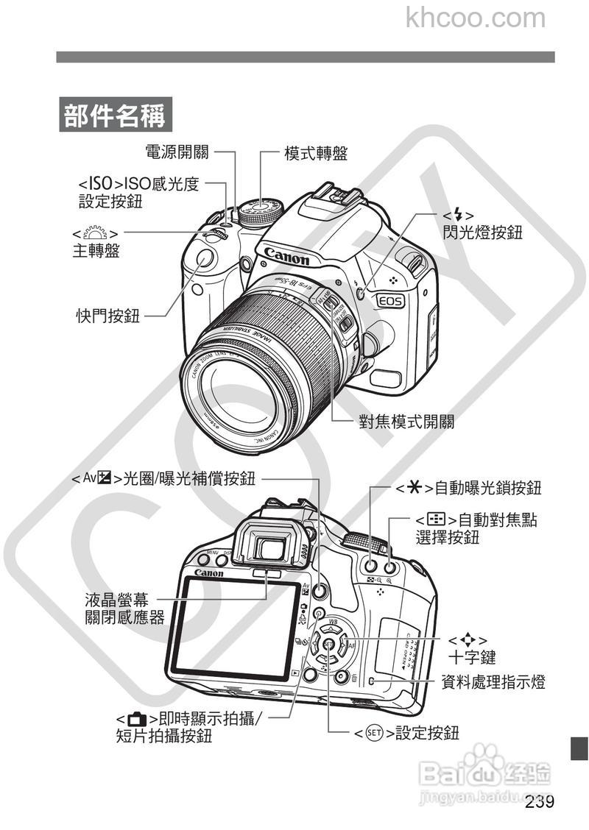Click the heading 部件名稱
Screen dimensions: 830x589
click(114, 116)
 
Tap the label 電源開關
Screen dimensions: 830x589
click(177, 152)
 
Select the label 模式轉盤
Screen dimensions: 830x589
click(316, 153)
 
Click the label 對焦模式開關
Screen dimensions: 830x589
click(406, 422)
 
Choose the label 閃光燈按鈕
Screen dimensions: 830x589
click(482, 233)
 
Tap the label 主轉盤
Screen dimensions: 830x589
click(96, 251)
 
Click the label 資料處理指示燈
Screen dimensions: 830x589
click(493, 682)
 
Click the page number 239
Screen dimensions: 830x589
click(540, 801)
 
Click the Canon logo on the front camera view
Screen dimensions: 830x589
click(286, 256)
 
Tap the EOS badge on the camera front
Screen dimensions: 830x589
click(390, 300)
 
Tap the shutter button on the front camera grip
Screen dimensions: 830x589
click(204, 259)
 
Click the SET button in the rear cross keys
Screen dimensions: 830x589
click(328, 645)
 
